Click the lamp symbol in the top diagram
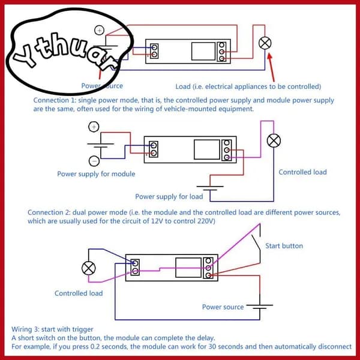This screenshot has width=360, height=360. pos(265,43)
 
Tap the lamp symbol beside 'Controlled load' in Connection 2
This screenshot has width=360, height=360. pos(274,140)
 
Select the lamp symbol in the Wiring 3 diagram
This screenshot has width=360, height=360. pos(89,268)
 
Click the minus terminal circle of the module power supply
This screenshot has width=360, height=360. pos(94,161)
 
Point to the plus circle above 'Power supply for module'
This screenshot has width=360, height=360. pos(94,127)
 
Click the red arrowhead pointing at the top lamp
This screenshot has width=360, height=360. pos(270,56)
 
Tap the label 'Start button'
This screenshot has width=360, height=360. pos(284,246)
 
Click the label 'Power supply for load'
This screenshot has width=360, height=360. pos(169,197)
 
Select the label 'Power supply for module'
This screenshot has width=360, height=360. pos(96,174)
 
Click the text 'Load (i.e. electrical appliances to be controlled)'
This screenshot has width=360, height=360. pos(248,86)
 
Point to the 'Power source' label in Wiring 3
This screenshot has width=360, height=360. pos(223,307)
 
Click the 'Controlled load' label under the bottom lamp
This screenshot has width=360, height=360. pos(79,293)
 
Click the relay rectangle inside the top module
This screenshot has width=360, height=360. pos(203,51)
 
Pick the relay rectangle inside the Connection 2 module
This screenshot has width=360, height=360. pos(207,149)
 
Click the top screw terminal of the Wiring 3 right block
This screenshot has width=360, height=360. pos(208,260)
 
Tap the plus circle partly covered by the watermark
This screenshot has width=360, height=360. pos(99,30)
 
